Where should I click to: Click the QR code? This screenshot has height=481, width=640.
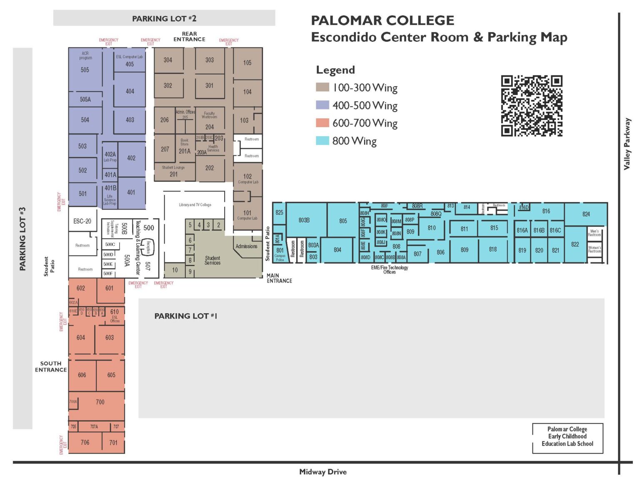coord(531,106)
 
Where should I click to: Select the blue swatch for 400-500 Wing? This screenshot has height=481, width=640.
coord(322,105)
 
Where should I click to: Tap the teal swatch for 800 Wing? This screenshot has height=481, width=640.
coord(322,141)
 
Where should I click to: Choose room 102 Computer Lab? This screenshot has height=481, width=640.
coord(248,178)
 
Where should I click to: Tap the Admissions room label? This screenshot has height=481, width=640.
coord(246,246)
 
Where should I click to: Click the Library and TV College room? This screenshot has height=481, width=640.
coord(195,205)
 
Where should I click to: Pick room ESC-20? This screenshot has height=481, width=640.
coord(82,221)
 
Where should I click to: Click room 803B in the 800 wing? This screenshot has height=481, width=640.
coord(304,220)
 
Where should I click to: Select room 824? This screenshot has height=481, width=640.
coord(586,214)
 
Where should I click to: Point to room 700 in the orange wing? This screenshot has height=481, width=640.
coord(100,402)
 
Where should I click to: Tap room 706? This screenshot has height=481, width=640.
coord(85,442)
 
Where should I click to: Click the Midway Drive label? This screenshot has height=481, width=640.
coord(323,472)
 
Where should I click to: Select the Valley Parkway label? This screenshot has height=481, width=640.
coord(627,144)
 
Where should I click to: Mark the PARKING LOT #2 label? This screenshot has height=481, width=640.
coord(164,18)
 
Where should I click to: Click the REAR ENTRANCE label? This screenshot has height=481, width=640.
coord(189,37)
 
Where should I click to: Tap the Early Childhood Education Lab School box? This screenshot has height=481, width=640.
coord(567,436)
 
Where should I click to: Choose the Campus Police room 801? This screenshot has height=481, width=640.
coord(280,254)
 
